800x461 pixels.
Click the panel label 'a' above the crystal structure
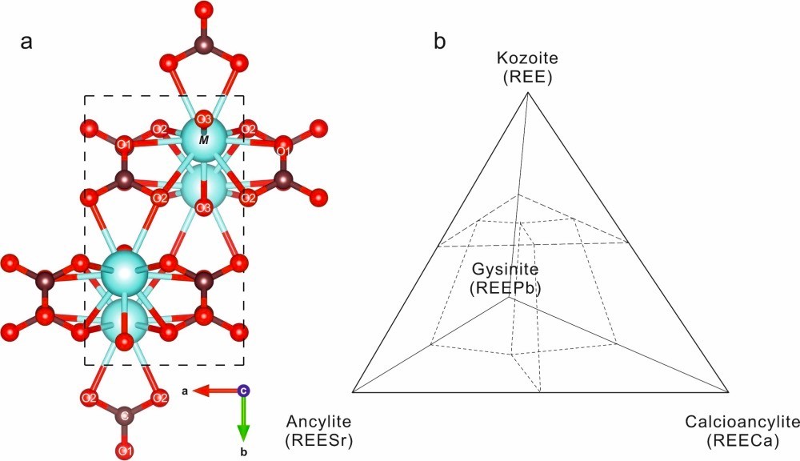point(26,42)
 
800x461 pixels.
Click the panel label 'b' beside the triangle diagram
point(439,42)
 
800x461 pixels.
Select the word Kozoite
point(527,58)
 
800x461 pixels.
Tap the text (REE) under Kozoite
point(527,78)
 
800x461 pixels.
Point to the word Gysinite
point(505,268)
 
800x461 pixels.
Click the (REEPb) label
point(505,288)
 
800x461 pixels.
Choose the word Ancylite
point(319,422)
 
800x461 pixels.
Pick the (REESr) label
point(319,440)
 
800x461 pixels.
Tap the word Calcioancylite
point(742,422)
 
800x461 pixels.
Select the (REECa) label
point(743,440)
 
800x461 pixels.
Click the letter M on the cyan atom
point(203,140)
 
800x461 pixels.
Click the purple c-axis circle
point(244,391)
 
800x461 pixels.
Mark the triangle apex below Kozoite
point(527,92)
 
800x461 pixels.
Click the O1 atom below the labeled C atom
point(124,451)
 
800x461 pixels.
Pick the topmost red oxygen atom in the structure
point(204,9)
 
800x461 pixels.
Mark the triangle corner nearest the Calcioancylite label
point(728,392)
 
